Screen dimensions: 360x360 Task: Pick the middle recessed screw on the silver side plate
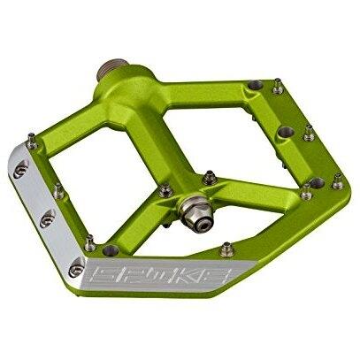tap(47, 218)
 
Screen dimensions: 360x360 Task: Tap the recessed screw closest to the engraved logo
tap(76, 268)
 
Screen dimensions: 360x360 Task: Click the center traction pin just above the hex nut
tap(210, 178)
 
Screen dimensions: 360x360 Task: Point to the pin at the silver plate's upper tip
tap(32, 141)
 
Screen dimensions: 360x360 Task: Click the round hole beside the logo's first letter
tap(111, 250)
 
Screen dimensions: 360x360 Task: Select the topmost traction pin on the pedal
tap(277, 86)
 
